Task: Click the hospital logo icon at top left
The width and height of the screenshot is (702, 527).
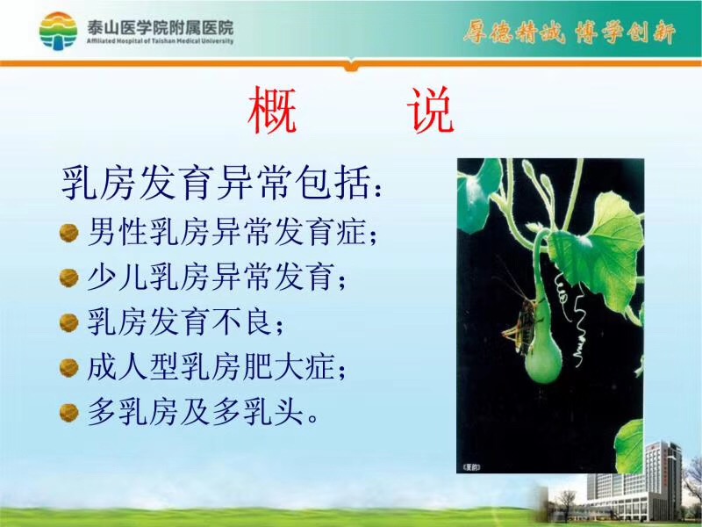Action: (58, 31)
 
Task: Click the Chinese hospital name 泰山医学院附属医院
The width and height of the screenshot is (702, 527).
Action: (161, 28)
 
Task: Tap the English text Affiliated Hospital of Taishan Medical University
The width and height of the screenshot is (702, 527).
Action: (161, 41)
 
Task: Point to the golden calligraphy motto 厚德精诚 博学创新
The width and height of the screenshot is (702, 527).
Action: (569, 32)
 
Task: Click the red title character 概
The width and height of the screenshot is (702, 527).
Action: (272, 111)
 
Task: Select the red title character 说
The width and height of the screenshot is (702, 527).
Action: (431, 111)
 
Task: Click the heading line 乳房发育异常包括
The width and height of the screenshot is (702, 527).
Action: (222, 183)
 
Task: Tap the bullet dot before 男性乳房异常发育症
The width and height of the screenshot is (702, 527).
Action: (69, 233)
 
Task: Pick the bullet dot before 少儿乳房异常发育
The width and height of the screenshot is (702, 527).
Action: (69, 278)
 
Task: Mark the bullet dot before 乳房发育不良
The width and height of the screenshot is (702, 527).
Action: (69, 322)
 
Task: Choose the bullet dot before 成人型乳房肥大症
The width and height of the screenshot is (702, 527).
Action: (69, 368)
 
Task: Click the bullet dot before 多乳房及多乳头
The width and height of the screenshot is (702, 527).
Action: (69, 413)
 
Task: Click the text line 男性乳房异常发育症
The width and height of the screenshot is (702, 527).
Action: (232, 232)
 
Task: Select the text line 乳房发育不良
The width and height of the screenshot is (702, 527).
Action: (185, 321)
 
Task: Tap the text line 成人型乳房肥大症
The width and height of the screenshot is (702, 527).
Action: (216, 367)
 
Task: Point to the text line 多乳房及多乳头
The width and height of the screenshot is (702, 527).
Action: (203, 412)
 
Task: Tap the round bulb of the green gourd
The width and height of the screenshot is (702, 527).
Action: (542, 360)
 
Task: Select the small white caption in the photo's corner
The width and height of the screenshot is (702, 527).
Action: (470, 467)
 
